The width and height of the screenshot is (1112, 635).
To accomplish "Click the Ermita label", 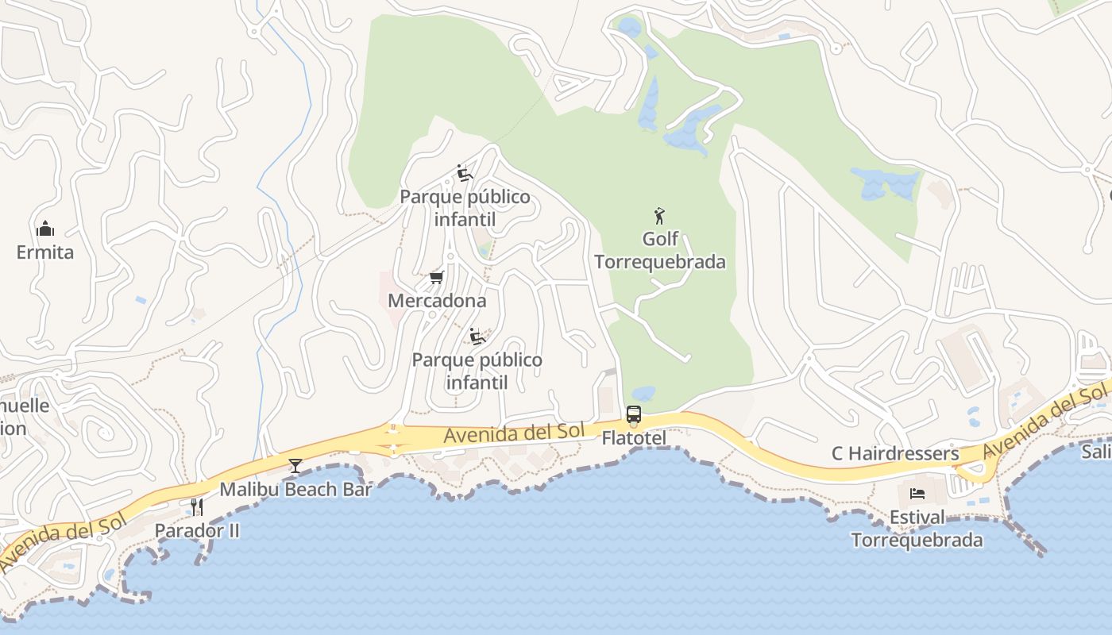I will coord(45,252).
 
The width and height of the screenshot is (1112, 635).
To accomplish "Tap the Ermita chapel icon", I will coord(45,229).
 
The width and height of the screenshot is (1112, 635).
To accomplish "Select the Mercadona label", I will coord(437,301).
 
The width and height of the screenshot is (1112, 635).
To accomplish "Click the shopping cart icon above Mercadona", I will coord(436,277).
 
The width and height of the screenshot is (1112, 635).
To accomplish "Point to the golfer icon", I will coord(659,215).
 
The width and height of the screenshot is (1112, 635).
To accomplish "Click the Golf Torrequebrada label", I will coord(660,250).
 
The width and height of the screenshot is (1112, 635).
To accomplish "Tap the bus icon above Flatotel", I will coord(633,414).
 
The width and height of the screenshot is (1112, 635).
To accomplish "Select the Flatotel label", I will coord(633,438).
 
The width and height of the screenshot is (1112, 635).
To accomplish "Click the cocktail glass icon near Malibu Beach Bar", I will coord(295,465).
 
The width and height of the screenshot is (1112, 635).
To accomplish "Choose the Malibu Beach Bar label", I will coord(295,489).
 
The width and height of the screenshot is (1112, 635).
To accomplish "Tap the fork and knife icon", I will coord(196,506).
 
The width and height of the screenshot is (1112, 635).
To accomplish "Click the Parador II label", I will coord(196,530).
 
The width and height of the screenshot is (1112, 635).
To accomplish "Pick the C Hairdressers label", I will coord(895,453).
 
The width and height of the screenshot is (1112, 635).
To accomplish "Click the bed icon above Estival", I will coord(917,494).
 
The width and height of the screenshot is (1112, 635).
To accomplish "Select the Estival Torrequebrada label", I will coord(917,529).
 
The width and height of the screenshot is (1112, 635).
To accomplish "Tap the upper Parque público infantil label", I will coord(465,208).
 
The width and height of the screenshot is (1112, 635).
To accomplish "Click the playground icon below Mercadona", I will coord(477,337).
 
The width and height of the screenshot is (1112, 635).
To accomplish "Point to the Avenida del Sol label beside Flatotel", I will coord(514,433).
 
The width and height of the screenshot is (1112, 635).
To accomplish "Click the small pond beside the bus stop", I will coord(643,393).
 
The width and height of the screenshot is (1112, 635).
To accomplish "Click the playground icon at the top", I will coord(465,173).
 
